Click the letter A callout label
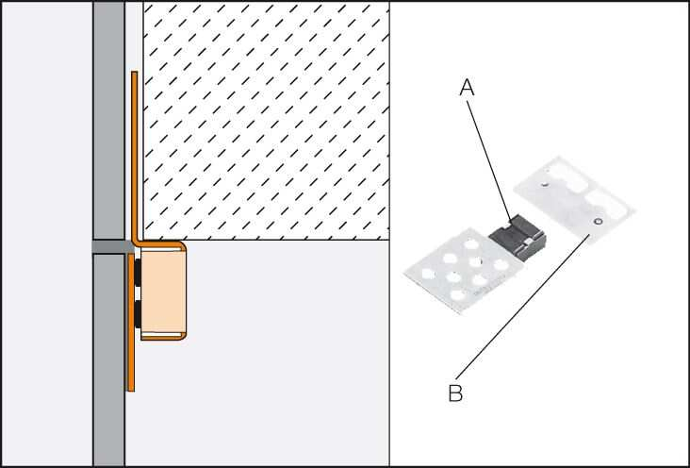(467, 88)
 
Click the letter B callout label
(455, 393)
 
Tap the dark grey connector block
(517, 238)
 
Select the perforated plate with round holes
(461, 270)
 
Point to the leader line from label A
(489, 160)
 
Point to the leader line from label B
(523, 307)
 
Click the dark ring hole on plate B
(597, 221)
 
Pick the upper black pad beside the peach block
(138, 273)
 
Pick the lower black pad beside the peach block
(138, 313)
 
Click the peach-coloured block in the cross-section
(162, 292)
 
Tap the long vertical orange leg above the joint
(135, 156)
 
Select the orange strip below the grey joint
(131, 322)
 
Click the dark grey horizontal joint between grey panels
(111, 247)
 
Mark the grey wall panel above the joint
(108, 121)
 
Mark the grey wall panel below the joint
(108, 359)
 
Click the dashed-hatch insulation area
(266, 121)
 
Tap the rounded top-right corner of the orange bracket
(183, 245)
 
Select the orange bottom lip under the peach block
(164, 337)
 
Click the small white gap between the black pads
(138, 292)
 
